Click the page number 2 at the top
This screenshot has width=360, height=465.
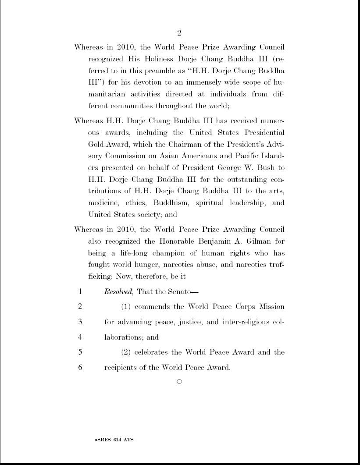[179, 33]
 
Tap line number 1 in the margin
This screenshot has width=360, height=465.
[80, 291]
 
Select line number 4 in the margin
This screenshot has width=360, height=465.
[80, 337]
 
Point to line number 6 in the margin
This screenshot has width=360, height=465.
[80, 367]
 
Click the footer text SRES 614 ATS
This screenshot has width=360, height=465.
[115, 440]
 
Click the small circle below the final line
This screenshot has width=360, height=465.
[179, 382]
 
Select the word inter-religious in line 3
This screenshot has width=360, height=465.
[246, 322]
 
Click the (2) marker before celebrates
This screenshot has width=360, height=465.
[125, 352]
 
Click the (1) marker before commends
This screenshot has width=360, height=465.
[125, 307]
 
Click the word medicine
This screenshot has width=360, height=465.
[103, 203]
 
